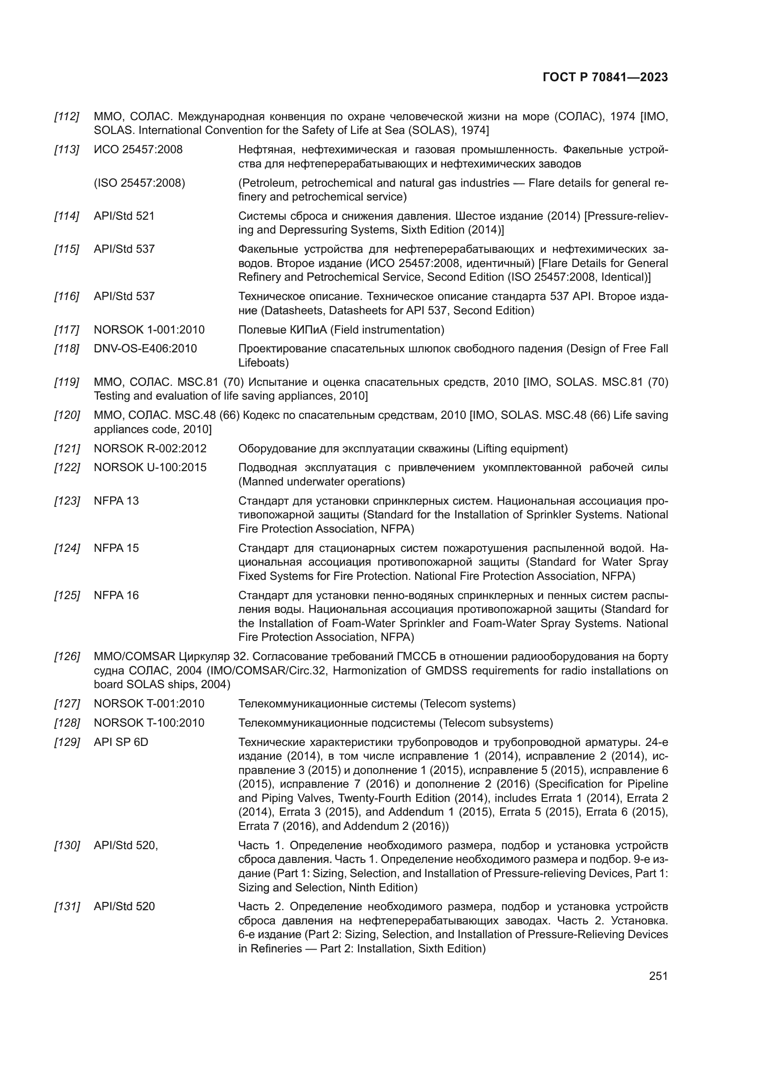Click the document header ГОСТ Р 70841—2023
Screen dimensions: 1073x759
tap(605, 78)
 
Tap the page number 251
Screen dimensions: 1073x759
tap(658, 976)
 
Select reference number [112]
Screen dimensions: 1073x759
tap(67, 117)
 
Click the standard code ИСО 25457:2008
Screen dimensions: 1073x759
tap(138, 150)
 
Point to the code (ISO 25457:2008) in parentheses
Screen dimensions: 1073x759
tap(140, 183)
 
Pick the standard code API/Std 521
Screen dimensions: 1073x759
tap(124, 216)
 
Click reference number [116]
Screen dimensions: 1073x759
tap(67, 296)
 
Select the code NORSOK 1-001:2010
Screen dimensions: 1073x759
tap(149, 330)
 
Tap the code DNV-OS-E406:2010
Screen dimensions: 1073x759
tap(145, 349)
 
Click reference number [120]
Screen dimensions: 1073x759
tap(67, 415)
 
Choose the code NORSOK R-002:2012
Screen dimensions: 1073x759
tap(150, 449)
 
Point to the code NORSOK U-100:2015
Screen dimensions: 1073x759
tap(150, 467)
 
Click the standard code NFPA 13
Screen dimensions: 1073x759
tap(117, 501)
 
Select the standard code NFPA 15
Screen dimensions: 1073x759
tap(117, 548)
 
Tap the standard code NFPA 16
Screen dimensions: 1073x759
tap(117, 595)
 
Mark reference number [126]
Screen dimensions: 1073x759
tap(67, 656)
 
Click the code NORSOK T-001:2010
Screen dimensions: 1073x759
tap(149, 704)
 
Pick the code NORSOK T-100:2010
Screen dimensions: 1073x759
tap(149, 723)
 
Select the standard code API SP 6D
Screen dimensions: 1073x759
tap(121, 742)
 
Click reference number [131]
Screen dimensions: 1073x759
tap(67, 906)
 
